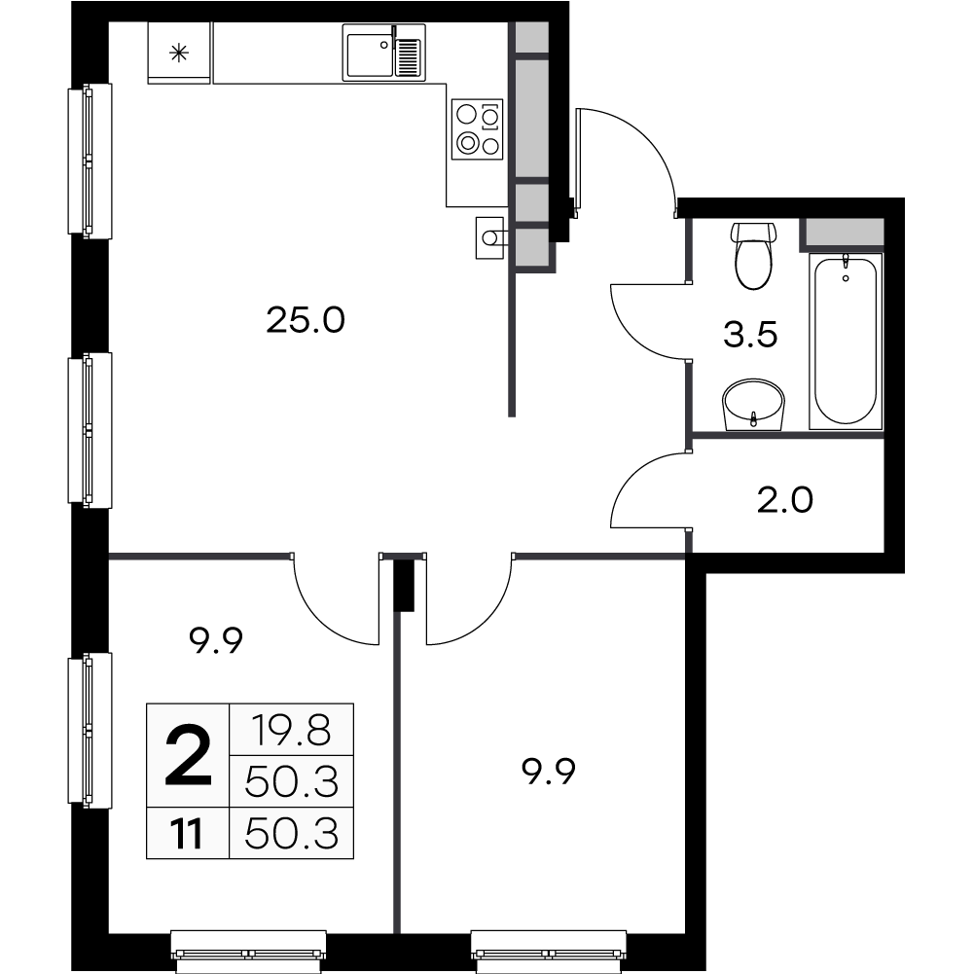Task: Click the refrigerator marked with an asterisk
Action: coord(179,53)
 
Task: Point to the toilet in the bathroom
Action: coord(754,255)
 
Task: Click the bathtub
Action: coord(846,340)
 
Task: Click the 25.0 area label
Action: coord(306,319)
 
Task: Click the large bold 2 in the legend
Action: coord(188,757)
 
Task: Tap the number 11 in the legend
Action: coord(188,834)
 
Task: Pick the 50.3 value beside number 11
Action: coord(291,834)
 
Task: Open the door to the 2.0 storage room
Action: coord(648,491)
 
